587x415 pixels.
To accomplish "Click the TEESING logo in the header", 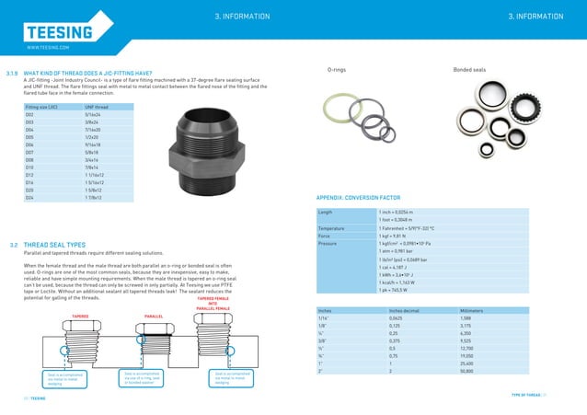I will click(x=59, y=33).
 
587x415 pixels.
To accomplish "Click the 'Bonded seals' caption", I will click(x=470, y=70).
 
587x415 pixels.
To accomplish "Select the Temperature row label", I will click(x=332, y=227).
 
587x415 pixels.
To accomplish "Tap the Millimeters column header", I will click(x=476, y=310).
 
